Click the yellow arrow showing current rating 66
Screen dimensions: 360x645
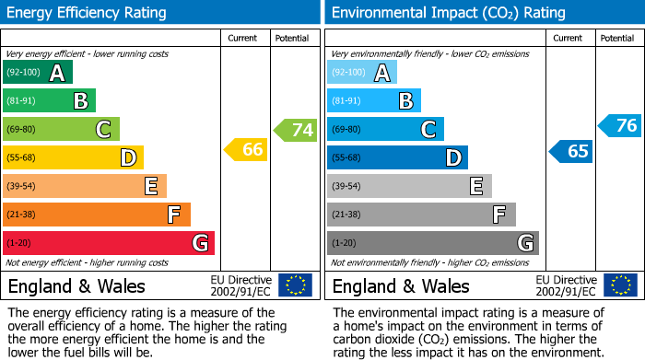[x=246, y=149]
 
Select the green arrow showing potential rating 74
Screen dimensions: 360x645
[x=296, y=130]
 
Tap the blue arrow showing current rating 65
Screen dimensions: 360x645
[x=571, y=151]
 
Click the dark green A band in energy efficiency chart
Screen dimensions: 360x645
[x=38, y=73]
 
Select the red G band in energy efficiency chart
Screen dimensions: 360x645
[x=109, y=243]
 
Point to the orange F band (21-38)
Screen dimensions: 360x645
[x=97, y=215]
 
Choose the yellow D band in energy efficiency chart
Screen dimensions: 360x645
[x=73, y=157]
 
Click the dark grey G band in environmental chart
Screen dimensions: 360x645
[x=432, y=243]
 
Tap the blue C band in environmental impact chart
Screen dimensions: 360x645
[x=385, y=129]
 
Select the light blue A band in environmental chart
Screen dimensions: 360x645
[x=362, y=73]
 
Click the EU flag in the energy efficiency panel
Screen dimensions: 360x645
[x=295, y=285]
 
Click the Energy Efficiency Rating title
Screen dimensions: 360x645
[x=88, y=13]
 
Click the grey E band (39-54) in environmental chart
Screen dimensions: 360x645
[x=409, y=186]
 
